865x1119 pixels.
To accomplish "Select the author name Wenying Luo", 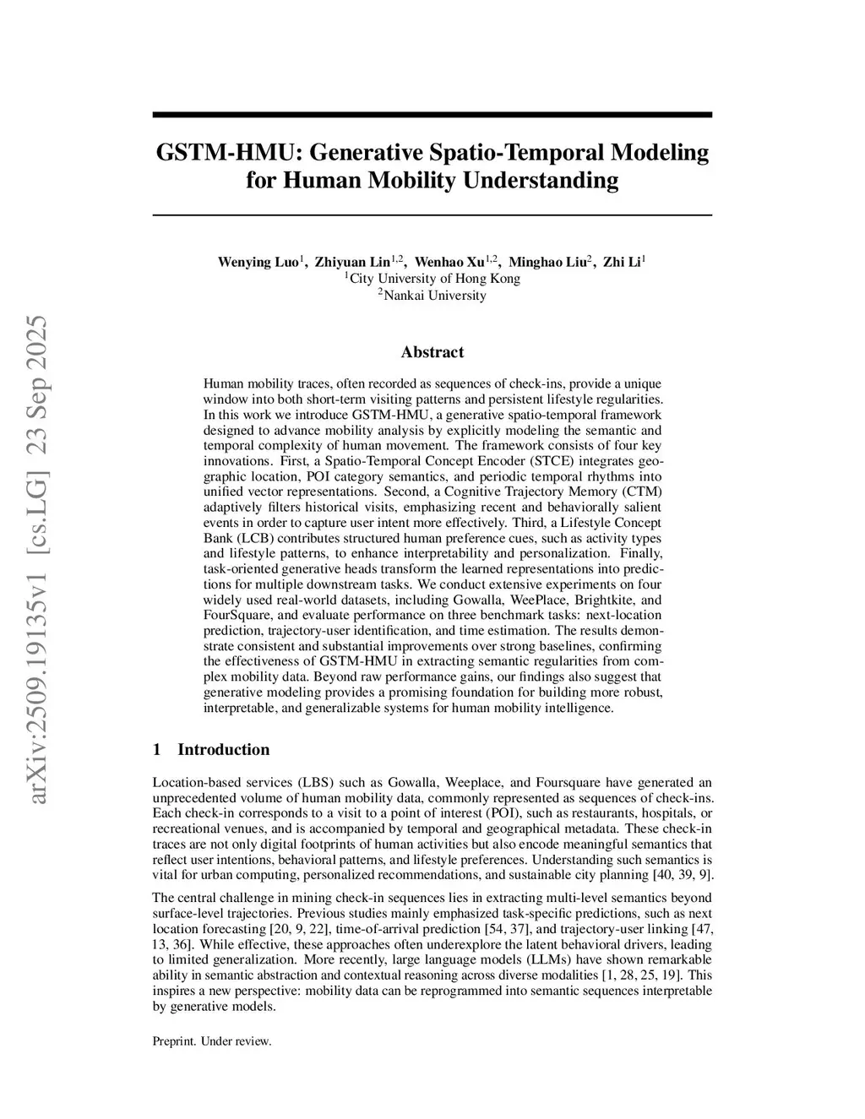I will pos(258,262).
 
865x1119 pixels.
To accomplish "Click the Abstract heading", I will pos(432,352).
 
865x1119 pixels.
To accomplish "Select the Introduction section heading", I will pos(223,750).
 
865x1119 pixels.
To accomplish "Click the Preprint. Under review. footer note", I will pos(212,1041).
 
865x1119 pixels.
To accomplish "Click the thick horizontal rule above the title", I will pos(432,115).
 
